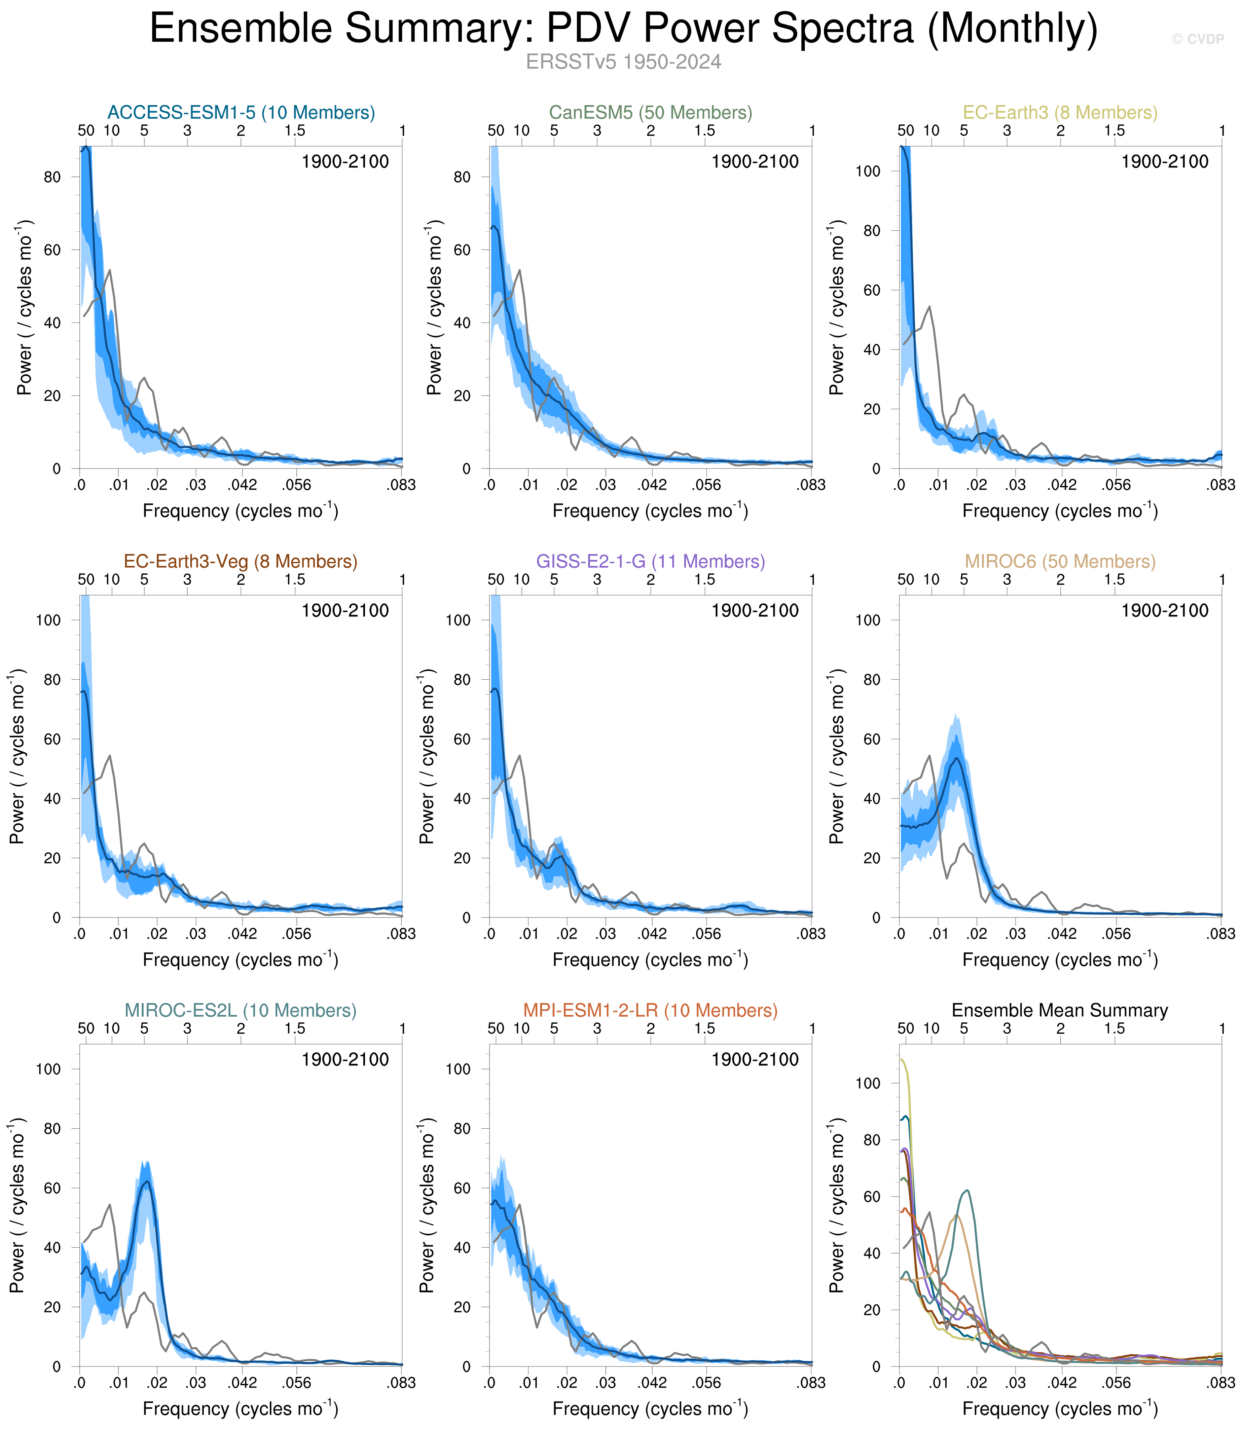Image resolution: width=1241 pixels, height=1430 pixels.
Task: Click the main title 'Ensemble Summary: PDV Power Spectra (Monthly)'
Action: point(623,29)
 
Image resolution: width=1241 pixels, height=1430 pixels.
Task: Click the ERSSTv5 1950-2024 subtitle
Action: point(623,62)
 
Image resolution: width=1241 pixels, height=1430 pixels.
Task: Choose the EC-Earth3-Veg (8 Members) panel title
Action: point(241,561)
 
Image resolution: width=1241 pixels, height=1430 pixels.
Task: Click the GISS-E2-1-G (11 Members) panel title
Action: point(650,561)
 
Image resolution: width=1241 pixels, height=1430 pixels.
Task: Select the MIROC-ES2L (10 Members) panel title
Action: point(241,1011)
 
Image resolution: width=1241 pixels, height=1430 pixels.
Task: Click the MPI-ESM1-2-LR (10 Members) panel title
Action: point(650,1011)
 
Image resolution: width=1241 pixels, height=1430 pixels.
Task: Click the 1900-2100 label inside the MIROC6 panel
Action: point(1165,610)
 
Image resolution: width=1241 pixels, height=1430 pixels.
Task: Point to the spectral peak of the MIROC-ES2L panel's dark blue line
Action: point(145,1181)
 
